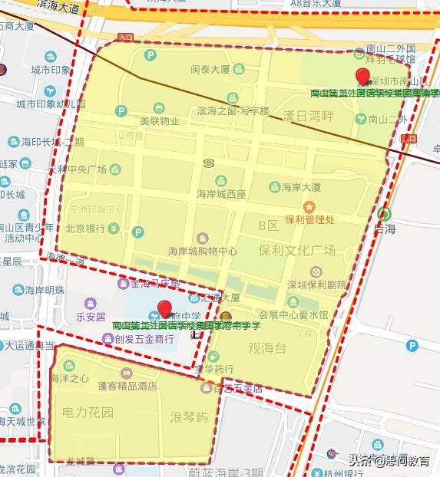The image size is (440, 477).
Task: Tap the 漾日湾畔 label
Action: coord(309,117)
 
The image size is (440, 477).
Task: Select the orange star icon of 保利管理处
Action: coord(309,207)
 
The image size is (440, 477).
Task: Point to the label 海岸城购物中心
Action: coord(203,251)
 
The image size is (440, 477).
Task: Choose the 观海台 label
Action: coord(266,349)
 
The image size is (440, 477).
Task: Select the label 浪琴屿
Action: coord(189,417)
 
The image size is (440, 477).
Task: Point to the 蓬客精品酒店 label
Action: coord(127,387)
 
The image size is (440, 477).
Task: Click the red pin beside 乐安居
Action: coord(163,311)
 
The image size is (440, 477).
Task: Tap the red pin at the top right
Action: coord(364,77)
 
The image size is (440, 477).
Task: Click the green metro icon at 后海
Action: coord(384,215)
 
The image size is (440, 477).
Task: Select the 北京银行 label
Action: coord(84,229)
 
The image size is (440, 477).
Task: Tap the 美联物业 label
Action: coord(159,120)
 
